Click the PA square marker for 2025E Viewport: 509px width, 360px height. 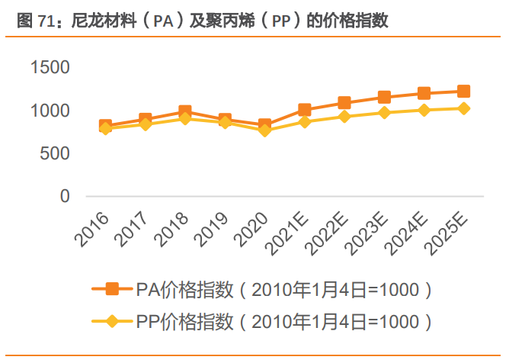[463, 92]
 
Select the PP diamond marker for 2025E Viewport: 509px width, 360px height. [463, 108]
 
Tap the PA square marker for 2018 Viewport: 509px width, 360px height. [185, 111]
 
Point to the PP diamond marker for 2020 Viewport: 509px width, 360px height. [264, 130]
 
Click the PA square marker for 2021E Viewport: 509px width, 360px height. [305, 110]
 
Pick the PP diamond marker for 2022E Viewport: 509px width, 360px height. [344, 117]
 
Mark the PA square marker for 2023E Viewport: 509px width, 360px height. [384, 97]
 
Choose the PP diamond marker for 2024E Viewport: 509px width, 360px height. [424, 110]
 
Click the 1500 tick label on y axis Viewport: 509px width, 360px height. [50, 67]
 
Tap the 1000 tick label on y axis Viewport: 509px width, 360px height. [50, 111]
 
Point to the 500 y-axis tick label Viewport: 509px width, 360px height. [55, 153]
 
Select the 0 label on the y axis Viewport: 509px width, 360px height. [65, 196]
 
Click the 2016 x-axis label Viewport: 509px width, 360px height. [91, 230]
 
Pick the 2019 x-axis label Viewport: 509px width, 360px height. [211, 230]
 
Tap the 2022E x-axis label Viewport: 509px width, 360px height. [326, 233]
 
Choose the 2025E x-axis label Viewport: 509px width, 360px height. [446, 233]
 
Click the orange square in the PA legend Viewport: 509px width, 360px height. [112, 289]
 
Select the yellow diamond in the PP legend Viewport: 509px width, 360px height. [112, 321]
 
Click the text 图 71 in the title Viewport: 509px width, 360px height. [36, 21]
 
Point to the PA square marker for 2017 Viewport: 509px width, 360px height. [145, 119]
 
